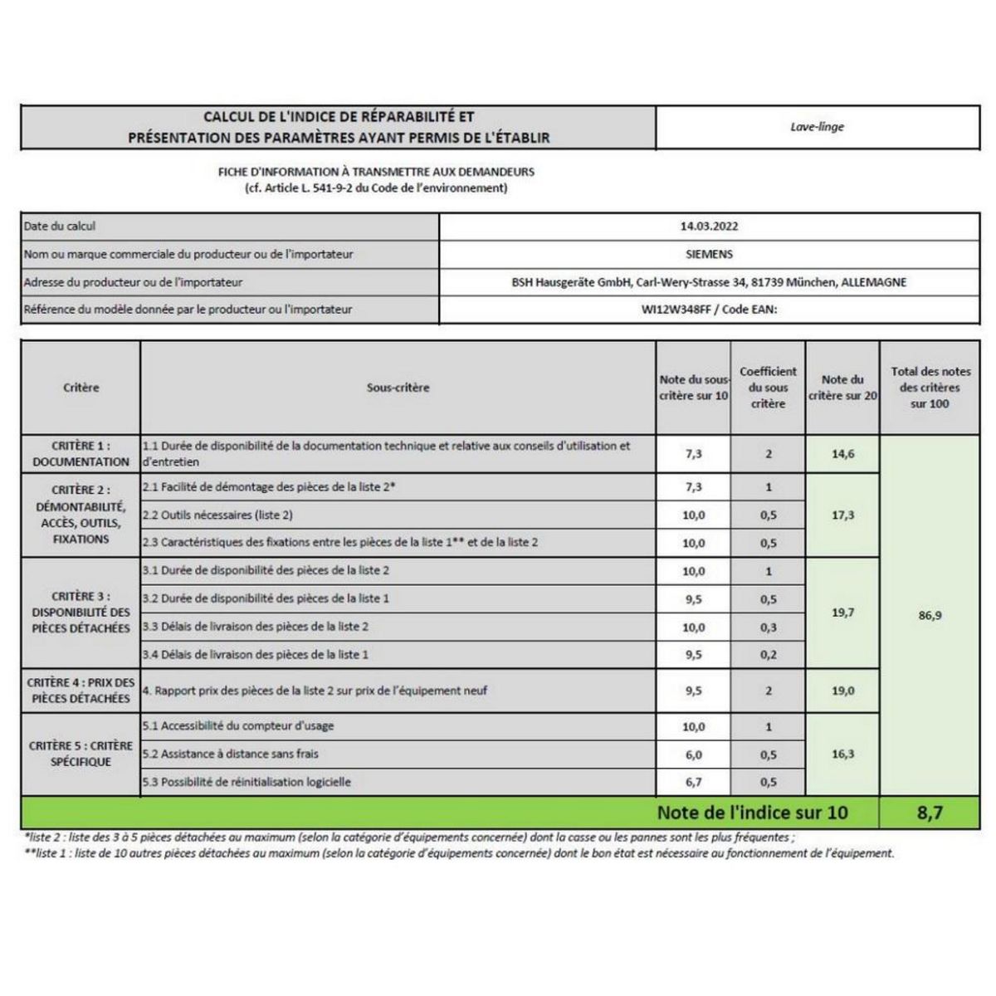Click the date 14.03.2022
pos(709,226)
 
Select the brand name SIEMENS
pos(710,254)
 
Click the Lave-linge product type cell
pos(817,127)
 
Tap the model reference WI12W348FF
pos(676,310)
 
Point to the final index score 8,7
pos(930,813)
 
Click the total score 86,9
pos(930,616)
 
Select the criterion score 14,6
pos(842,454)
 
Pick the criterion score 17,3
pos(842,515)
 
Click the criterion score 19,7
pos(842,613)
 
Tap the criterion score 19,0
pos(842,691)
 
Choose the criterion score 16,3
pos(842,754)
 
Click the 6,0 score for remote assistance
pos(693,754)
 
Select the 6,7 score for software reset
pos(693,783)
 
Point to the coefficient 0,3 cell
pos(768,627)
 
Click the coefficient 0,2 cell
pos(768,655)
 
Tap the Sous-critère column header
pos(398,388)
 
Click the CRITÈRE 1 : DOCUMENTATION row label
pos(81,454)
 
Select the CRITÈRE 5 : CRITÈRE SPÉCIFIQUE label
pos(81,754)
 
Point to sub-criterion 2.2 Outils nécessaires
pos(218,515)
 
